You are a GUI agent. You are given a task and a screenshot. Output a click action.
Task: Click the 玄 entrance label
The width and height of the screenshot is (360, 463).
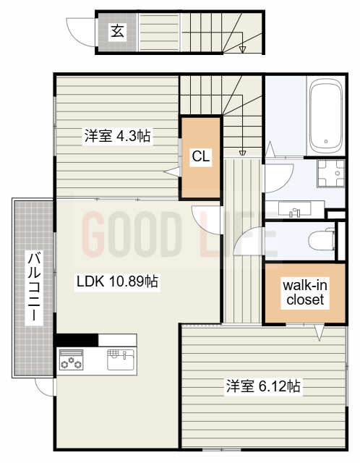coord(116,30)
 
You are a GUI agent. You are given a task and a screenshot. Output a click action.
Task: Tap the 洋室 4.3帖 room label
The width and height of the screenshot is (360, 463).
coord(117,135)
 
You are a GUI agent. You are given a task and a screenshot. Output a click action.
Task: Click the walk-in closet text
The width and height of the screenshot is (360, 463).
coord(305,292)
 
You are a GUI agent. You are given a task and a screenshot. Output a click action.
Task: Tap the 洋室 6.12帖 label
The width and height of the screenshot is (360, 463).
coord(262,386)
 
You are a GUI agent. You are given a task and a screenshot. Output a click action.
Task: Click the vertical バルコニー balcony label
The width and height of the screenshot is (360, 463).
coord(33,287)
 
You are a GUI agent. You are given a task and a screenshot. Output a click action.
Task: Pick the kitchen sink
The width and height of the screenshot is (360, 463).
coord(121,359)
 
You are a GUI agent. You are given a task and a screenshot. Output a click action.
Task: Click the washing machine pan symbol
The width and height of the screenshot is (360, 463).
coord(330,176)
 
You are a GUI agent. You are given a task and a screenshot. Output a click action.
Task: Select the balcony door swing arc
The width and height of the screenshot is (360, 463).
coord(45,387)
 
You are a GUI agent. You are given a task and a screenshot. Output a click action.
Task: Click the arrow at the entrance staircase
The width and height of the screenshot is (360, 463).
coord(243,48)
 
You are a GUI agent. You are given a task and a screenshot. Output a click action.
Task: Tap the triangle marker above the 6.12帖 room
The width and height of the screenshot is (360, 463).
coord(317,334)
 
